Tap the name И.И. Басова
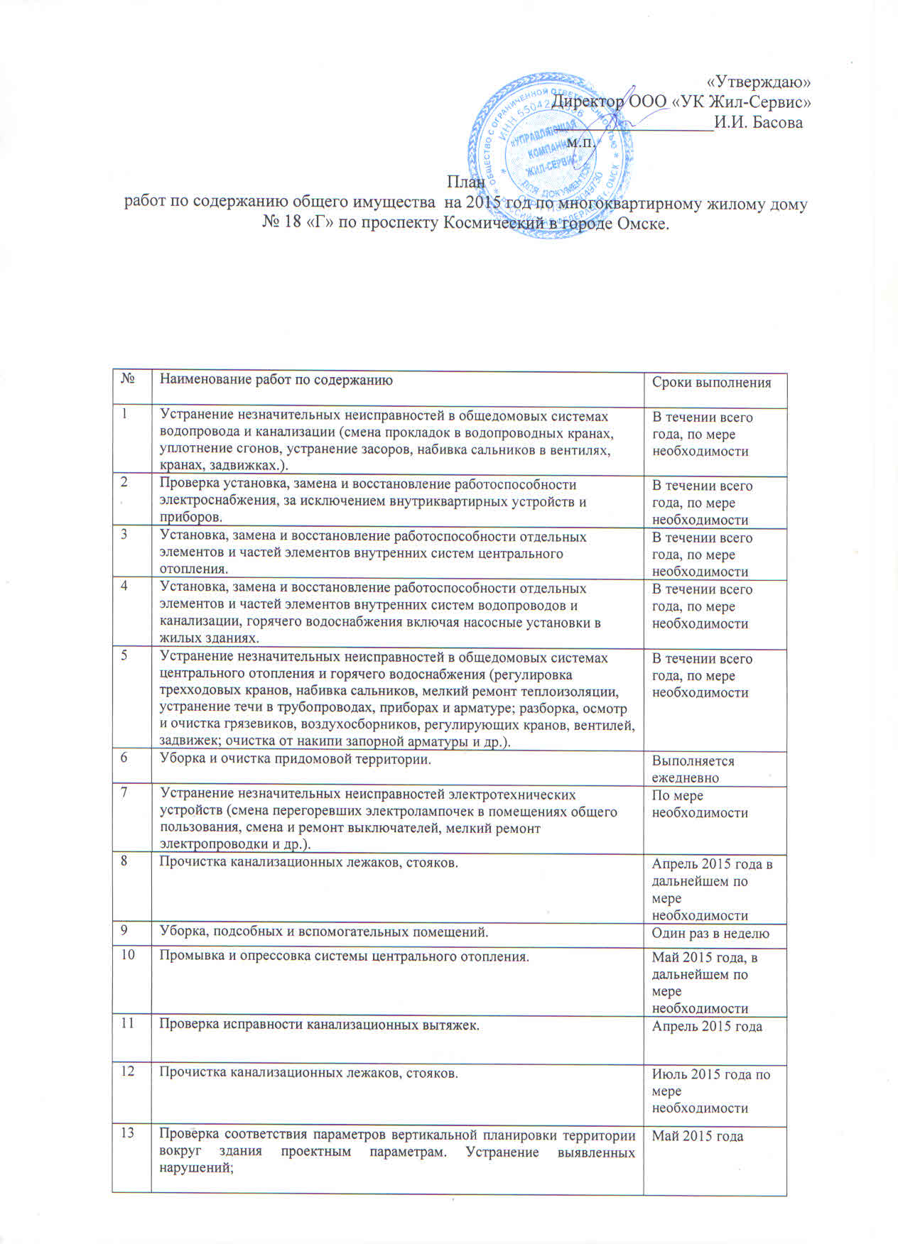(758, 122)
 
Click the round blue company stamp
(548, 153)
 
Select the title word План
(465, 182)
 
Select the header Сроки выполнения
(711, 383)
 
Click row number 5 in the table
(125, 657)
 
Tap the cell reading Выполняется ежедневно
(693, 769)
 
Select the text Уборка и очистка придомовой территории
(295, 760)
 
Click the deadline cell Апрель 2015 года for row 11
(707, 1026)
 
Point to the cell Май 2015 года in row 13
(698, 1136)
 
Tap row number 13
(127, 1133)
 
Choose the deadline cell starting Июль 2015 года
(710, 1091)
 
